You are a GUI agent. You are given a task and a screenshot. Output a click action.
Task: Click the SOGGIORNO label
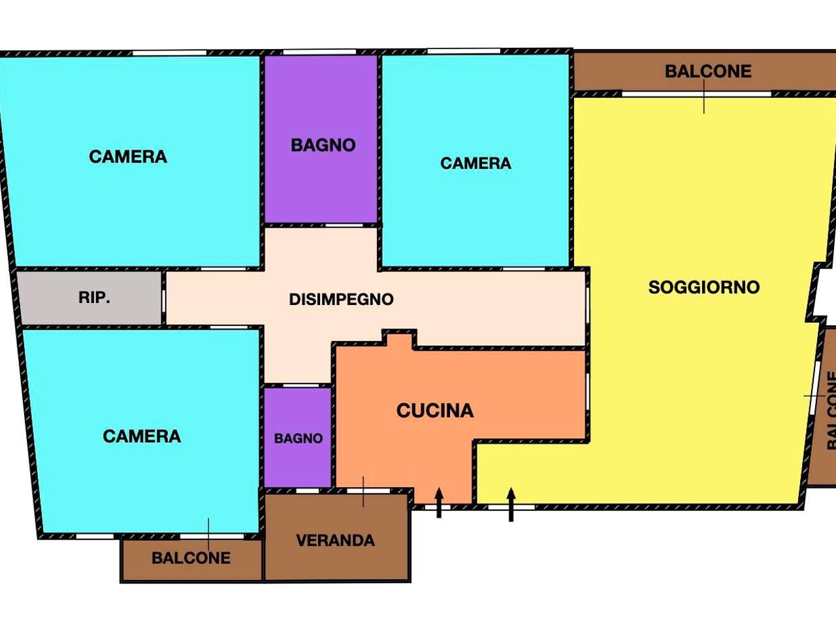tap(704, 287)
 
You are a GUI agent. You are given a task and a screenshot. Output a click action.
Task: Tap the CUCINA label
tap(435, 411)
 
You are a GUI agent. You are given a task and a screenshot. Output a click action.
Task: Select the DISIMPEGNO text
tap(341, 300)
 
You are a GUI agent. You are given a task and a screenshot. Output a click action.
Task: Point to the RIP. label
tap(95, 297)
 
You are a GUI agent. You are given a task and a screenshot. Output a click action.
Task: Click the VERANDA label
tap(336, 541)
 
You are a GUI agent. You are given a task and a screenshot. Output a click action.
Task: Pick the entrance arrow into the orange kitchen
tap(439, 502)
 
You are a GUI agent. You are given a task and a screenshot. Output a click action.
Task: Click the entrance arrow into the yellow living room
tap(511, 504)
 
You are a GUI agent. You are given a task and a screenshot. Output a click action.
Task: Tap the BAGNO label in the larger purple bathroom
tap(323, 145)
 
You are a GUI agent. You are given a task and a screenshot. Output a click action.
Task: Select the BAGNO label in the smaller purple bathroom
tap(298, 438)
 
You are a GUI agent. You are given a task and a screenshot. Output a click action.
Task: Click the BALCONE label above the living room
tap(708, 72)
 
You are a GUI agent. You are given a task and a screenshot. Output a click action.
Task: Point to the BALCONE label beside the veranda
tap(191, 558)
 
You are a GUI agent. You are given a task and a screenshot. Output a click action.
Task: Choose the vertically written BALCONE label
tap(830, 410)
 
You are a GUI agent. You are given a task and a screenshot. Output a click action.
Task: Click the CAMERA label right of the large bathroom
tap(475, 163)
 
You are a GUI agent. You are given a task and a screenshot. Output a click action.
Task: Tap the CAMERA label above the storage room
tap(128, 157)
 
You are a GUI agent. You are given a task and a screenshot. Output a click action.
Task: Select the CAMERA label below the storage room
tap(142, 436)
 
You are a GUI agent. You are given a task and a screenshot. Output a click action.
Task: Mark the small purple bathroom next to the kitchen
tap(297, 438)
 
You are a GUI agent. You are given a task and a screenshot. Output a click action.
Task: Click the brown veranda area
tap(336, 537)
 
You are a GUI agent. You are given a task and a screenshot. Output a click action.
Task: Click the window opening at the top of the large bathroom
tap(319, 52)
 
